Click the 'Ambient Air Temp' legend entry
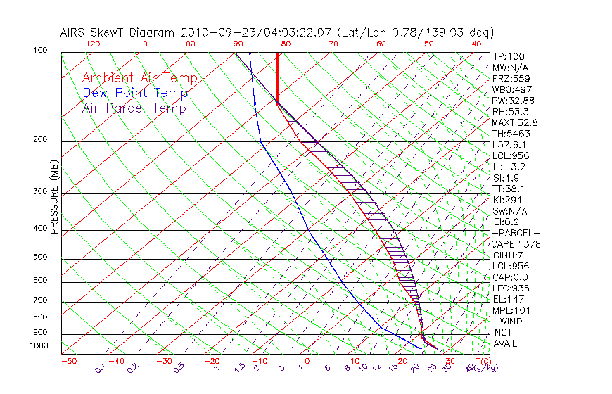pyautogui.click(x=140, y=78)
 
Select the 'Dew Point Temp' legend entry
pyautogui.click(x=135, y=93)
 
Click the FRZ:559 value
pyautogui.click(x=509, y=78)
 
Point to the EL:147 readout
pyautogui.click(x=506, y=299)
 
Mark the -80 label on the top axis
pyautogui.click(x=282, y=44)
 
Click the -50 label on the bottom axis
pyautogui.click(x=69, y=361)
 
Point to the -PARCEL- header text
pyautogui.click(x=516, y=233)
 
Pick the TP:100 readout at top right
pyautogui.click(x=509, y=56)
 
